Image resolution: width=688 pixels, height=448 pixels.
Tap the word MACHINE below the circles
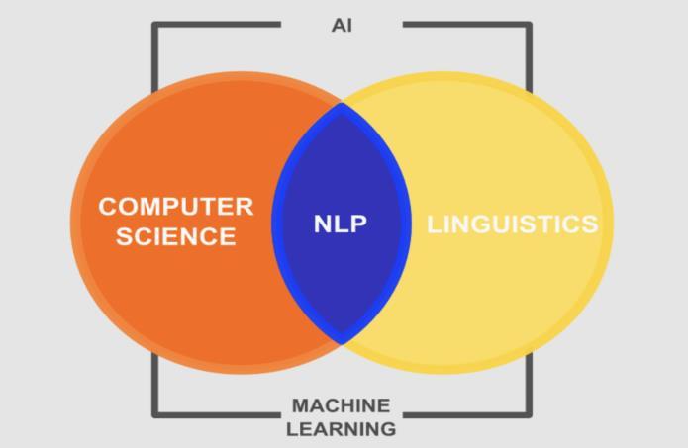tap(341, 405)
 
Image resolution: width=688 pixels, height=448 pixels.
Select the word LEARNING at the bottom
tap(341, 429)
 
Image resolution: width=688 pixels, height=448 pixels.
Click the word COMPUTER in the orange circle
tap(176, 207)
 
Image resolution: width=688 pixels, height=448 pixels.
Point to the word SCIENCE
tap(176, 236)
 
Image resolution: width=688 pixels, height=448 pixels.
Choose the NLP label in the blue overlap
tap(341, 224)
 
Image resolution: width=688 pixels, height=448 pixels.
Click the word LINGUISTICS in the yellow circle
tap(512, 224)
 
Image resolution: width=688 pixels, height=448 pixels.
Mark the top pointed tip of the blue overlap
tap(342, 104)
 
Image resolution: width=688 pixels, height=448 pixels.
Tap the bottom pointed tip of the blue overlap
tap(342, 342)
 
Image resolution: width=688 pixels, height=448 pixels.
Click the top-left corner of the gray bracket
tap(155, 25)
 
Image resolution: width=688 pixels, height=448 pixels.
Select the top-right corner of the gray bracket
tap(529, 25)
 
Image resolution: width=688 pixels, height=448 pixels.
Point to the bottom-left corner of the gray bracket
tap(155, 413)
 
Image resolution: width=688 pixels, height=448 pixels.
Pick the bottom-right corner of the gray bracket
tap(529, 413)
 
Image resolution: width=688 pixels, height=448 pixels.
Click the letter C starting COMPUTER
tap(108, 207)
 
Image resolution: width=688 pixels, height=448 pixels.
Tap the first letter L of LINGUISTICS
tap(434, 224)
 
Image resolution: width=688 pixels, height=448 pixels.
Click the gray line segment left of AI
tap(218, 25)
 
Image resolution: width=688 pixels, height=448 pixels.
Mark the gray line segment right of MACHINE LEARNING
tap(465, 413)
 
